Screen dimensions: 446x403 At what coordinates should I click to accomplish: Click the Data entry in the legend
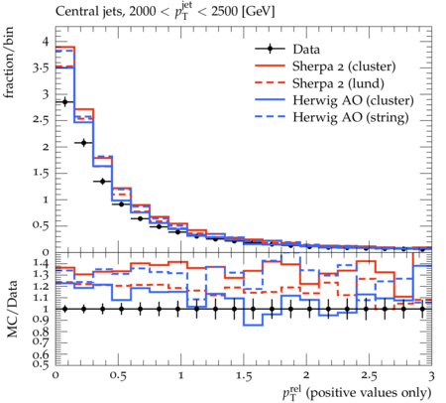[x=306, y=50]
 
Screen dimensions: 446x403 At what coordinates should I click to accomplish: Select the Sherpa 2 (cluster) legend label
[x=344, y=67]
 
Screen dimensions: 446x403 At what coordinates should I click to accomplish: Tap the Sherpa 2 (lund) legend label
[x=338, y=83]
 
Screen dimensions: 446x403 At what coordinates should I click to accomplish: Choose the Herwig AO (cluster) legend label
[x=353, y=100]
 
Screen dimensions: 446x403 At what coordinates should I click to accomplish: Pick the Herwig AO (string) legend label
[x=351, y=117]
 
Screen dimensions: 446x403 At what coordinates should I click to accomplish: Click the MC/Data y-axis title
[x=12, y=309]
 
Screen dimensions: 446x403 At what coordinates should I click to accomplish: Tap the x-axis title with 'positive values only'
[x=357, y=393]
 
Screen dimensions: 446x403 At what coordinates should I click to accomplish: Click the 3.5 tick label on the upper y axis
[x=41, y=68]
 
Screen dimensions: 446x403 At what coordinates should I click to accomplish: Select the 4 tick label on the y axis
[x=46, y=42]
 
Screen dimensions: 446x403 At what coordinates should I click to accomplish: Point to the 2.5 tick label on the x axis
[x=369, y=376]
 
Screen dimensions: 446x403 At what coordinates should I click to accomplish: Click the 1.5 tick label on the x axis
[x=243, y=376]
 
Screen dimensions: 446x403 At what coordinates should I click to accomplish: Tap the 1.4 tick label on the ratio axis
[x=41, y=264]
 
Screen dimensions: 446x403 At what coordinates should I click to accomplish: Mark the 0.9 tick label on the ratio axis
[x=41, y=320]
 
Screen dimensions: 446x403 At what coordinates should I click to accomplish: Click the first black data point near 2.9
[x=64, y=102]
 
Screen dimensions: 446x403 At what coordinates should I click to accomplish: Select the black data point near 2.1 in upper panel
[x=83, y=143]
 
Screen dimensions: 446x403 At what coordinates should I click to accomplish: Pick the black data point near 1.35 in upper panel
[x=102, y=182]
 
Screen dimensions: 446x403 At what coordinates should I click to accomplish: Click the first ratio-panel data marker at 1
[x=64, y=309]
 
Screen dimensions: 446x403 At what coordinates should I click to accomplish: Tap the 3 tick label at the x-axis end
[x=431, y=376]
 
